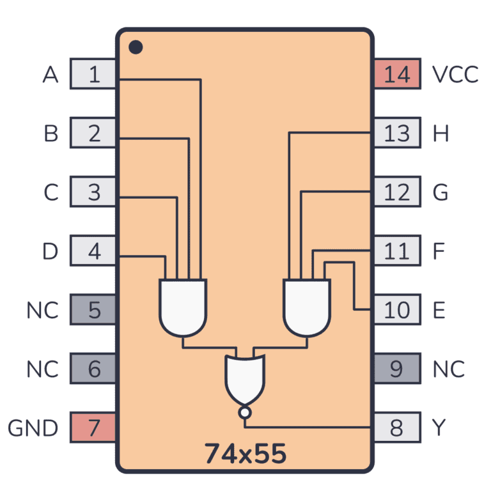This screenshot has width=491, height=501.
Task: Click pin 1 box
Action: (93, 74)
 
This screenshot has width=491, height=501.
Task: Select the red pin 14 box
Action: (396, 74)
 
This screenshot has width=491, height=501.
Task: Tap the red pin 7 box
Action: (93, 428)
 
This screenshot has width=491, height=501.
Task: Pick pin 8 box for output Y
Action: (396, 428)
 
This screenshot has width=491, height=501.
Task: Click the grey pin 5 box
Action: (93, 310)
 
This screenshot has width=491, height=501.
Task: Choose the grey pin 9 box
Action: (396, 369)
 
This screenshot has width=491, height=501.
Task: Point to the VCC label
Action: (455, 74)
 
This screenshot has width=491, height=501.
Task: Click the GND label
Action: (33, 428)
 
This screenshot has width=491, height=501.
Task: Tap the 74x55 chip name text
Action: (245, 453)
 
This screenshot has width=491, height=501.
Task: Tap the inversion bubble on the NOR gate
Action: (244, 413)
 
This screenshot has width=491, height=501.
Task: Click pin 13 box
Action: (396, 133)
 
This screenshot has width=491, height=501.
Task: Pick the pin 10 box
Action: (396, 310)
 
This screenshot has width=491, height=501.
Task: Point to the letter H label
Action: (440, 133)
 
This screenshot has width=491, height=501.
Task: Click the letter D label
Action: (51, 251)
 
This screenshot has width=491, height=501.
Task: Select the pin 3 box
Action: (93, 192)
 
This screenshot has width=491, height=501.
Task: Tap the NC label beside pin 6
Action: (42, 369)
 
